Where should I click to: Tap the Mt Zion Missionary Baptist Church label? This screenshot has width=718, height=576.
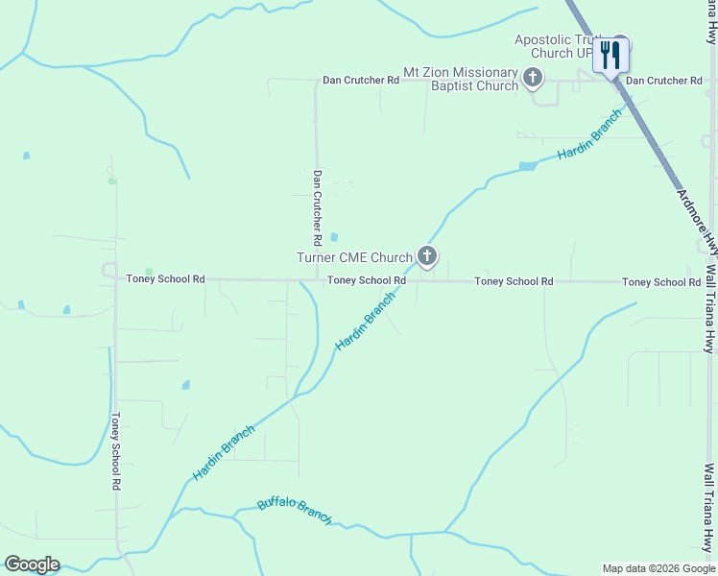pyautogui.click(x=461, y=80)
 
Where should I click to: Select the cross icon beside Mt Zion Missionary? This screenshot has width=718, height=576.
pyautogui.click(x=534, y=78)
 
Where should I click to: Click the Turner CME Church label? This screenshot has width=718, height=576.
pyautogui.click(x=355, y=257)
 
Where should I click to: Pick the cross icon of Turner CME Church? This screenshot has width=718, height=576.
pyautogui.click(x=427, y=256)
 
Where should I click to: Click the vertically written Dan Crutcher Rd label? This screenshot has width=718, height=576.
pyautogui.click(x=316, y=207)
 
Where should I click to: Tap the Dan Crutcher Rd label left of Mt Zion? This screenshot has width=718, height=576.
pyautogui.click(x=360, y=81)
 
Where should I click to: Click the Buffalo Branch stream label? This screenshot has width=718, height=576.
pyautogui.click(x=295, y=511)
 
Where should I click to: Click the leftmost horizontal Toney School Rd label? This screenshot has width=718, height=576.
pyautogui.click(x=165, y=279)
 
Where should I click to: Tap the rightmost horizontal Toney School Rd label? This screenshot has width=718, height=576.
pyautogui.click(x=660, y=282)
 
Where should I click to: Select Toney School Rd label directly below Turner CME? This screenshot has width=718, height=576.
pyautogui.click(x=366, y=281)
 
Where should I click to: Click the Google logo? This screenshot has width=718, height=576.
pyautogui.click(x=32, y=564)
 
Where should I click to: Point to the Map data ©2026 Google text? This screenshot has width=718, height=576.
pyautogui.click(x=658, y=568)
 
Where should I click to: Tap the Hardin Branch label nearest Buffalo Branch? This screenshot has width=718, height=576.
pyautogui.click(x=224, y=453)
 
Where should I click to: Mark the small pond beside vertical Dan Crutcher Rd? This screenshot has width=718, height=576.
pyautogui.click(x=334, y=237)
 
